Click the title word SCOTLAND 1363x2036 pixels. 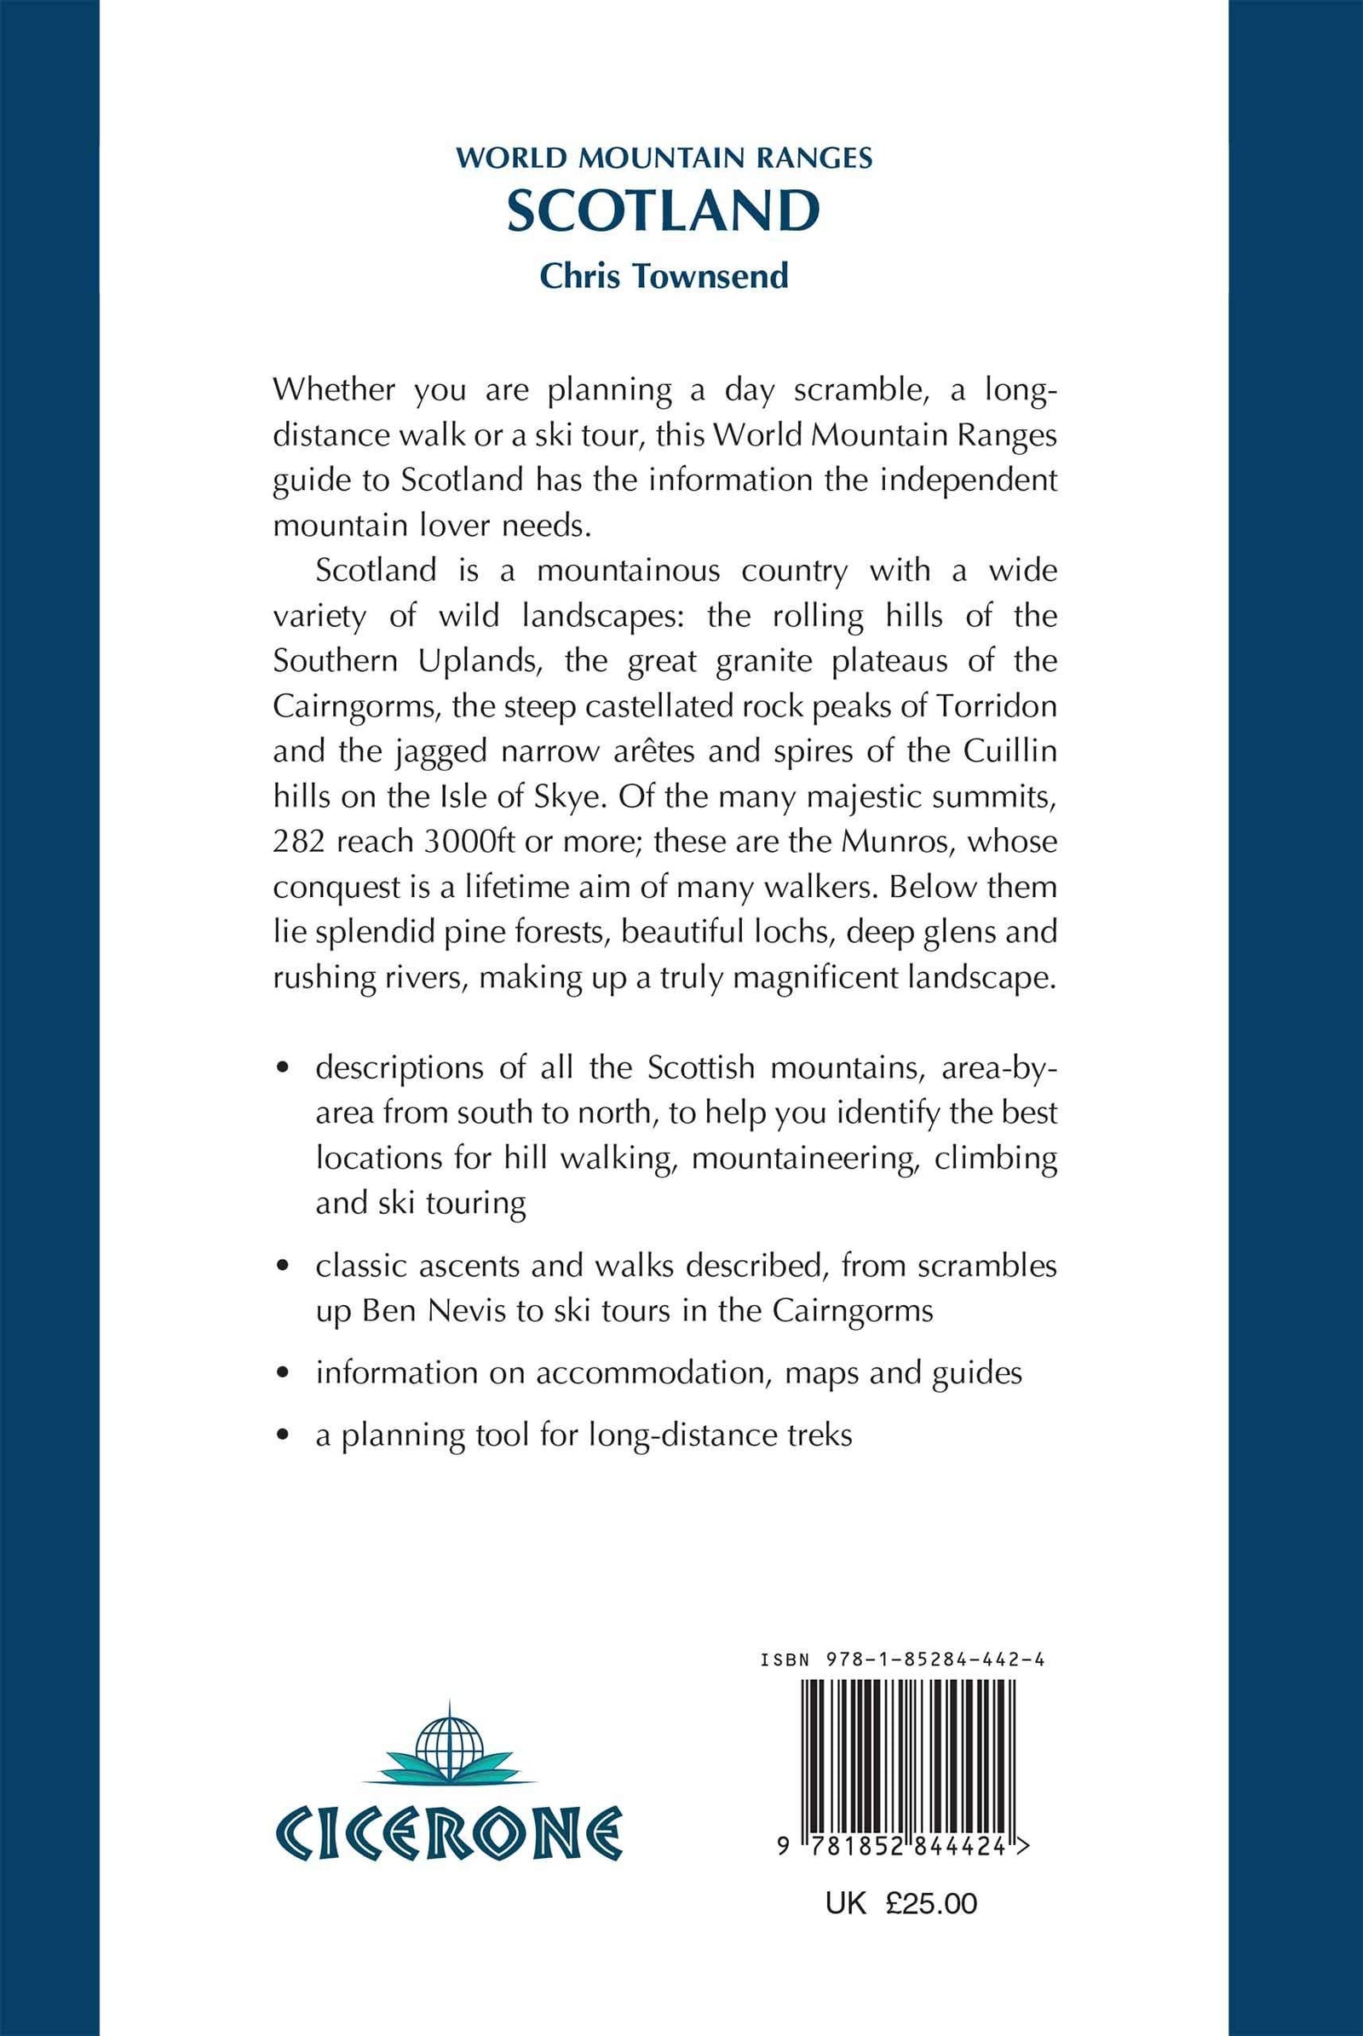[664, 210]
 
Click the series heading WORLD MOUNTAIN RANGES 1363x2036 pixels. [664, 158]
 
